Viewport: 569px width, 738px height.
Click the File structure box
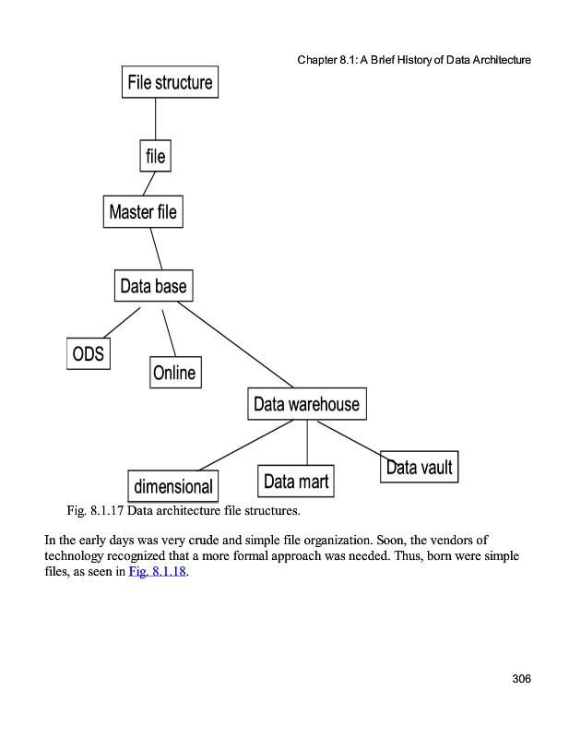tap(170, 82)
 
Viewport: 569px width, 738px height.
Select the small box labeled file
tap(155, 156)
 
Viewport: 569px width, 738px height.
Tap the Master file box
tap(142, 212)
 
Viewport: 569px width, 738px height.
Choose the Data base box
tap(153, 286)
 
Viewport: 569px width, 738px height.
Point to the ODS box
tap(88, 352)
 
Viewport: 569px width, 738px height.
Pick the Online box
tap(174, 372)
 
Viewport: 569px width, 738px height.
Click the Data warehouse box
tap(306, 404)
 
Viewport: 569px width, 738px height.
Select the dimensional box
tap(173, 486)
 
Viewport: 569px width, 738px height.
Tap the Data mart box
tap(296, 481)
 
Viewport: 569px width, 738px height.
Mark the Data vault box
tap(419, 467)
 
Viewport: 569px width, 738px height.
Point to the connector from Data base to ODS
tap(122, 322)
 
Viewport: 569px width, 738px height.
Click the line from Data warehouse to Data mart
tap(307, 442)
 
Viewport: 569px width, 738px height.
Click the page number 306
tap(521, 679)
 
